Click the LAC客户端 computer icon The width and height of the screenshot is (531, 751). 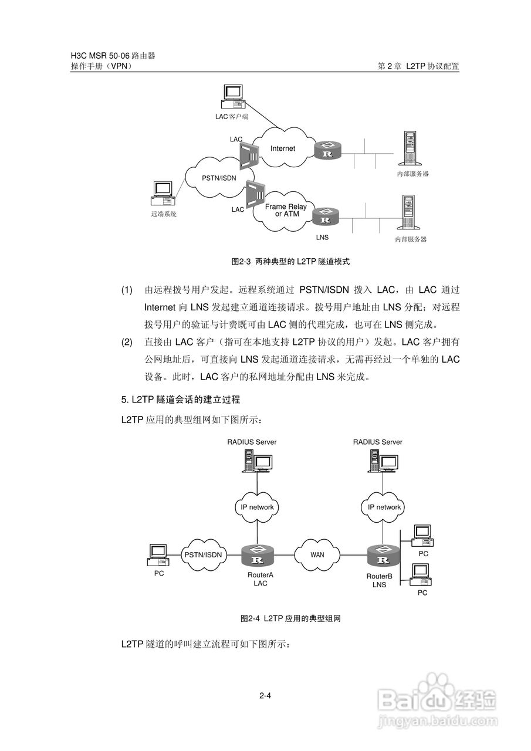coord(233,97)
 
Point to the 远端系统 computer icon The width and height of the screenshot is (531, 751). coord(162,194)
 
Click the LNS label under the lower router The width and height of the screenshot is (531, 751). coord(322,238)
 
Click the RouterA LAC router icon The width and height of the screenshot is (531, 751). coord(257,555)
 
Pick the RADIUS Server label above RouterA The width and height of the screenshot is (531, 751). coord(252,442)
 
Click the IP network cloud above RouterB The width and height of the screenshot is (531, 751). coord(384,507)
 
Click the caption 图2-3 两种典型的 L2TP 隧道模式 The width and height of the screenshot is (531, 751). coord(290,261)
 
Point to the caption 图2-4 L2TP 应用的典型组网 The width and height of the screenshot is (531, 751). coord(290,618)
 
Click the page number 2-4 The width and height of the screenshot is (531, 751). coord(265,696)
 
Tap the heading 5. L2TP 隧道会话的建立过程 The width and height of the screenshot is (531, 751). coord(181,400)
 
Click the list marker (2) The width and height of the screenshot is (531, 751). coord(127,341)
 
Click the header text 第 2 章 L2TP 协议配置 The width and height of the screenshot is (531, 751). coord(418,66)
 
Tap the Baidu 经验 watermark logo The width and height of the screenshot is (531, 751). coord(437,701)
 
